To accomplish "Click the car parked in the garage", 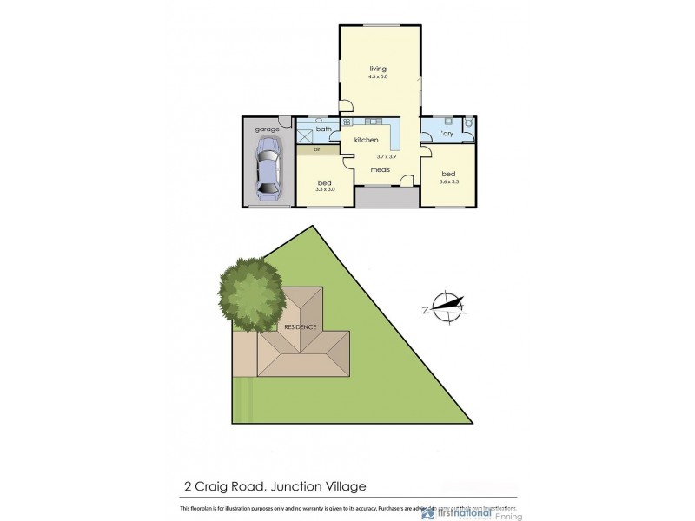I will pyautogui.click(x=266, y=171).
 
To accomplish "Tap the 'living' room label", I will pyautogui.click(x=377, y=69).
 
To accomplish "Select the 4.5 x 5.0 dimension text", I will pyautogui.click(x=377, y=77).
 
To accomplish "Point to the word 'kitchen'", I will pyautogui.click(x=366, y=140).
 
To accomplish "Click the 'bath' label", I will pyautogui.click(x=323, y=129).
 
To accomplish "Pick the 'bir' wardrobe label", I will pyautogui.click(x=305, y=149).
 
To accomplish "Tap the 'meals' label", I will pyautogui.click(x=380, y=170).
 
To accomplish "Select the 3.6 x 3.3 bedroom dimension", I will pyautogui.click(x=448, y=181).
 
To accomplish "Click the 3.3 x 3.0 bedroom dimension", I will pyautogui.click(x=325, y=189).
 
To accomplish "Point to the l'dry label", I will pyautogui.click(x=446, y=134).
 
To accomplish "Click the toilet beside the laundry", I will pyautogui.click(x=467, y=124).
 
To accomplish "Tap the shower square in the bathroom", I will pyautogui.click(x=305, y=135).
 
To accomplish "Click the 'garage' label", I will pyautogui.click(x=267, y=129).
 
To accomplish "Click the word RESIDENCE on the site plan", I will pyautogui.click(x=300, y=326).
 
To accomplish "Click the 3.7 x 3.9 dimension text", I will pyautogui.click(x=386, y=156).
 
